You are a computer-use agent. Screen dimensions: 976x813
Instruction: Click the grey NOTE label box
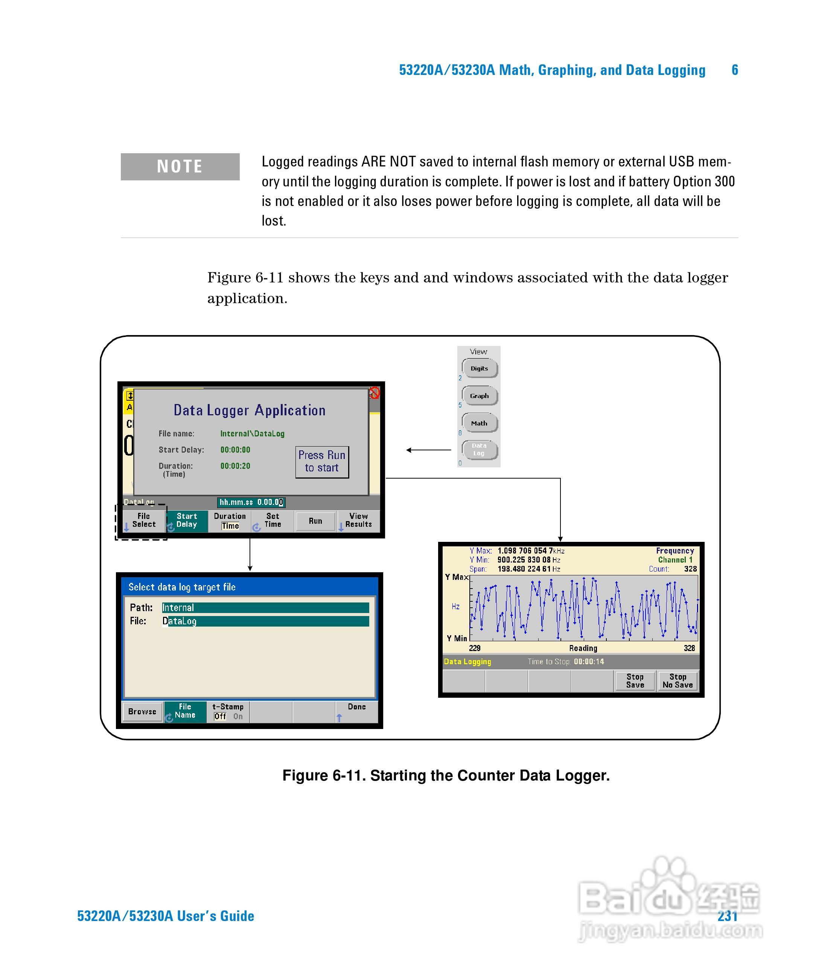[180, 166]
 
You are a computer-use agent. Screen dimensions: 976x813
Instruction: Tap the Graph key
[479, 396]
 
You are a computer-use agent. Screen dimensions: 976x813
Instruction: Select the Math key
[479, 423]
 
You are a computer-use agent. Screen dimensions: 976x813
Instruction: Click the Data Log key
[479, 450]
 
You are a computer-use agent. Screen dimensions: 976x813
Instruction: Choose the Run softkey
[315, 521]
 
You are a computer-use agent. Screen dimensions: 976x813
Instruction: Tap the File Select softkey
[143, 520]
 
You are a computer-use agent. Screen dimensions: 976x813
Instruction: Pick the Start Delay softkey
[186, 520]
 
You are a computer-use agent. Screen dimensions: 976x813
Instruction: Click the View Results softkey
[358, 520]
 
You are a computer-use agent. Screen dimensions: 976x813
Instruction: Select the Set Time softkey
[273, 520]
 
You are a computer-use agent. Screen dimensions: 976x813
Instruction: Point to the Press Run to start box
[322, 462]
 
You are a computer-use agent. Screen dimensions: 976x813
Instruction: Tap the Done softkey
[357, 711]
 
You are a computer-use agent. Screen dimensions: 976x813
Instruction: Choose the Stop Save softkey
[635, 681]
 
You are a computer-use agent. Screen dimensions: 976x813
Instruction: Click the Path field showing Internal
[265, 607]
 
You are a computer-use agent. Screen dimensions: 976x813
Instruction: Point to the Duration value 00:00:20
[235, 466]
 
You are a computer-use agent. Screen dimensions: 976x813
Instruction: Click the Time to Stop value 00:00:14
[589, 661]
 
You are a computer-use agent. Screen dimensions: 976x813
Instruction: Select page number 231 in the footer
[727, 916]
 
